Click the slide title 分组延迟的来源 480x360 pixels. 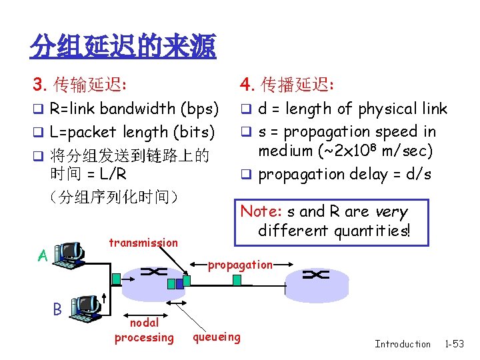point(123,46)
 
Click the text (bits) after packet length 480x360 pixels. point(193,132)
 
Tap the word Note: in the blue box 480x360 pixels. point(261,212)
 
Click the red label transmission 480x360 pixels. point(143,243)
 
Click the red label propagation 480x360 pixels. point(240,265)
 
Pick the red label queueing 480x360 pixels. point(217,337)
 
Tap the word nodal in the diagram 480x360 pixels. point(144,323)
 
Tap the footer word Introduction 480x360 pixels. point(403,344)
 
